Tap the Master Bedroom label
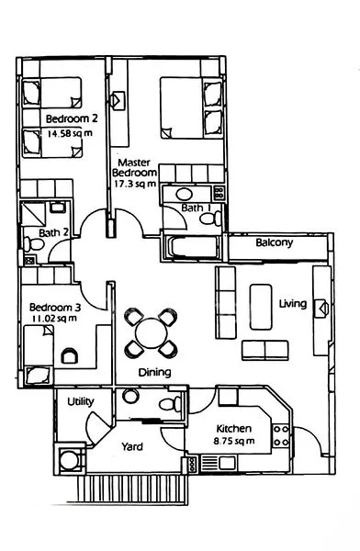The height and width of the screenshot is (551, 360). click(134, 165)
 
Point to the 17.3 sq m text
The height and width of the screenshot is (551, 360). click(134, 184)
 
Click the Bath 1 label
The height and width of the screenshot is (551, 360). click(195, 208)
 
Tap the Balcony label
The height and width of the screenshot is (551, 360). click(274, 243)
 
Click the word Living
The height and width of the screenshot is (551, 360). click(292, 303)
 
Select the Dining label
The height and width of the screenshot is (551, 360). click(154, 373)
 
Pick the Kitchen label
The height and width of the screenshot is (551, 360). click(232, 428)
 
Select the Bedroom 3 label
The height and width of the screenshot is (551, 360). click(55, 307)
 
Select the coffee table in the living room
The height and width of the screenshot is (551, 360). click(261, 304)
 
